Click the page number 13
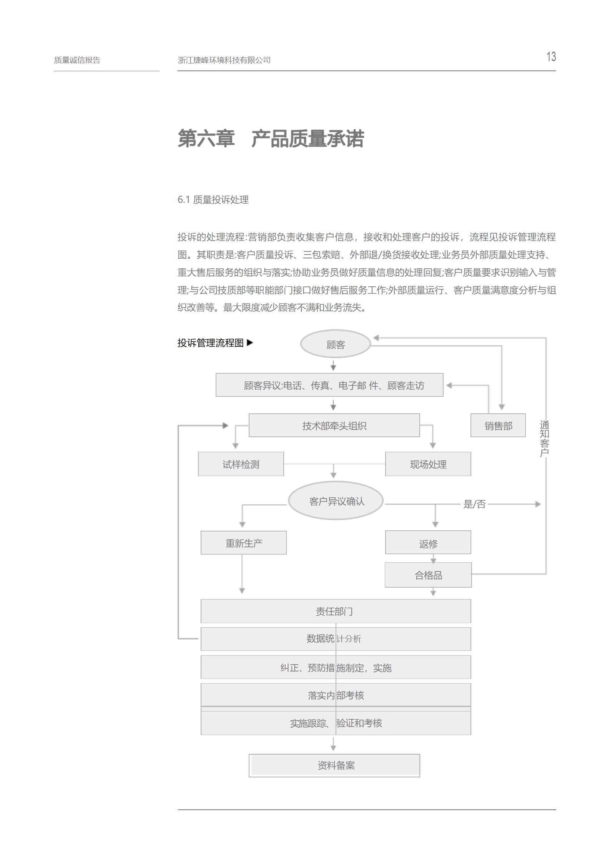point(551,57)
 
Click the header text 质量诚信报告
point(77,60)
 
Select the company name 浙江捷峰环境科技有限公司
point(224,60)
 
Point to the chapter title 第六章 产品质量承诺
point(271,139)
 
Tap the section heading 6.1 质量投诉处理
point(213,200)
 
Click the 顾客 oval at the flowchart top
point(335,344)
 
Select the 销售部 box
point(498,425)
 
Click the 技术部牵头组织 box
point(334,425)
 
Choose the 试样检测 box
point(241,464)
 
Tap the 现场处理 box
point(428,464)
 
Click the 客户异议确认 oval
point(336,501)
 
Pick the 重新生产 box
point(244,543)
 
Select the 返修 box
point(428,543)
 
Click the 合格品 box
point(428,575)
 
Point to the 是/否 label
point(475,504)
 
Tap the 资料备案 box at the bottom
point(334,765)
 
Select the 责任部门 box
point(336,611)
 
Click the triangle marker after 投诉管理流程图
point(250,343)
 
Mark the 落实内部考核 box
point(336,695)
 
